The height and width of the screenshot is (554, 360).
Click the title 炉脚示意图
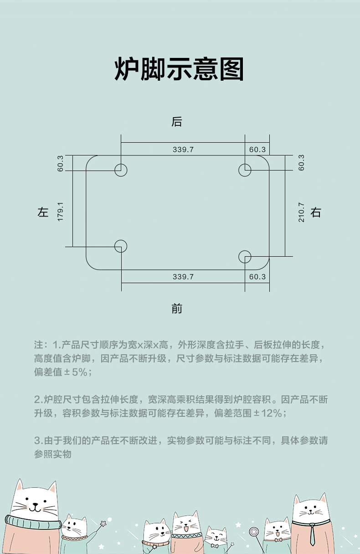point(179,69)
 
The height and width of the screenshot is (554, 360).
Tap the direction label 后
point(176,122)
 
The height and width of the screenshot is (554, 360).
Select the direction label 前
point(176,309)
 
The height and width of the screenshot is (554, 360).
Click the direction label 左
point(43,212)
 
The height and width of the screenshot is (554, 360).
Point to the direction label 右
point(316,212)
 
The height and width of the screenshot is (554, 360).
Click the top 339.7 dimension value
point(183,150)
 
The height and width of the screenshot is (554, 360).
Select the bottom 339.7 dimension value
point(183,276)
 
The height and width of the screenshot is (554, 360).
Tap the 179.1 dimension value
point(60,212)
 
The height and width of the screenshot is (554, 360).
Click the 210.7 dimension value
point(301,212)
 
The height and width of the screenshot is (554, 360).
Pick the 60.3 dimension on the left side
point(60,164)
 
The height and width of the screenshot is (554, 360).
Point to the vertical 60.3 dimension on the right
point(301,163)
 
